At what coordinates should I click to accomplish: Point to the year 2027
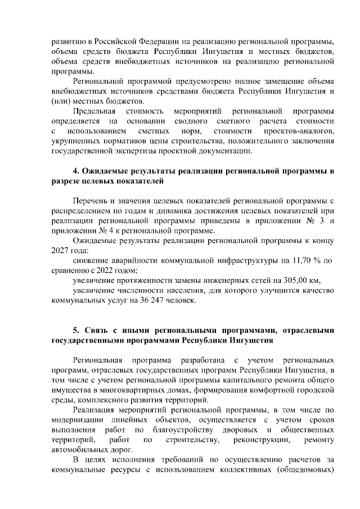[60, 251]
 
